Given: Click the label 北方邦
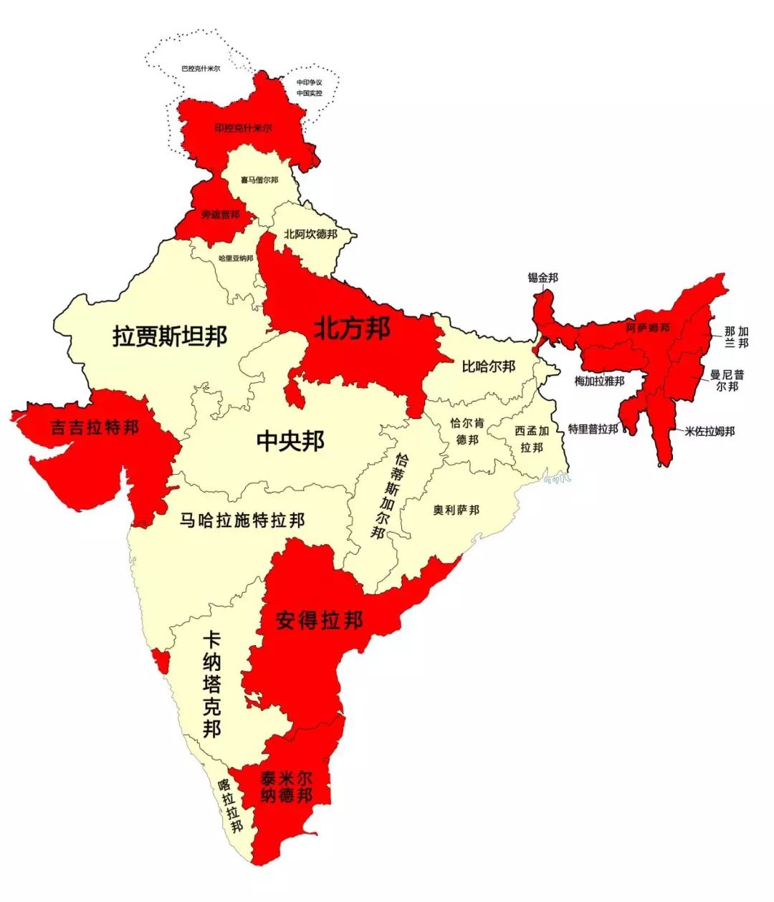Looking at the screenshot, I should tap(352, 329).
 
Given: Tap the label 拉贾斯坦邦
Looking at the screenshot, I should tap(170, 336).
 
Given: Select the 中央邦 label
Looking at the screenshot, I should tap(290, 441).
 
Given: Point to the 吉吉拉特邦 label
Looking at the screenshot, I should tap(95, 428).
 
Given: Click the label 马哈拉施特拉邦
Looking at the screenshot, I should tap(242, 520).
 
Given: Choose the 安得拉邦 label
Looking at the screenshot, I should tap(319, 620).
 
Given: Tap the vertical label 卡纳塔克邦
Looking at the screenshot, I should tap(211, 684).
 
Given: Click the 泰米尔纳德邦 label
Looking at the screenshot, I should tap(286, 787).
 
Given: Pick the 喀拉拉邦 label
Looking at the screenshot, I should tap(231, 805).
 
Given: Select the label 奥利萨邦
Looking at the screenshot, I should tap(457, 510).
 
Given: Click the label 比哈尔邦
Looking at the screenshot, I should tap(488, 367).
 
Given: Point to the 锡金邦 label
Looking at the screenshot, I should tap(543, 278).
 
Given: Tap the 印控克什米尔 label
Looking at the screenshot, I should tap(244, 129).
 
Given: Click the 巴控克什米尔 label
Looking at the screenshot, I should tap(201, 69).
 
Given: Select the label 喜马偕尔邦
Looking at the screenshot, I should tap(259, 180).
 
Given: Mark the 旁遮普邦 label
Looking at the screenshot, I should tap(219, 214).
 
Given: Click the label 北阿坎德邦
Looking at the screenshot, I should tap(310, 233).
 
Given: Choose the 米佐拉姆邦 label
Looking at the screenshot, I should tap(709, 431).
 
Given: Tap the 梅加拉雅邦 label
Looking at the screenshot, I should tap(599, 381).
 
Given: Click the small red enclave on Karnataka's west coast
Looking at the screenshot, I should tap(161, 659).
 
